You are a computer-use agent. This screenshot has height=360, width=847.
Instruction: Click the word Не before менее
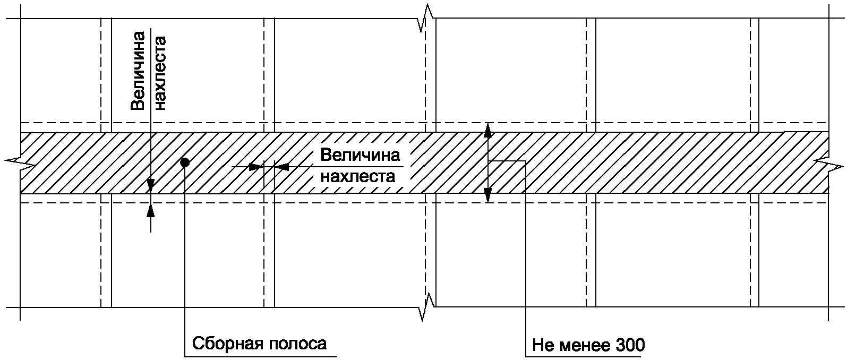tap(543, 345)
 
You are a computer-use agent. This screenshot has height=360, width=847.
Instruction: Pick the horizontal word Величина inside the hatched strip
tap(360, 156)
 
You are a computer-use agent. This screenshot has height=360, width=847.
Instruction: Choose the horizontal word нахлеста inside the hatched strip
tap(358, 176)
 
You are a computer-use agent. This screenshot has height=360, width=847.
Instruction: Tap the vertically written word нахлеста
tap(160, 72)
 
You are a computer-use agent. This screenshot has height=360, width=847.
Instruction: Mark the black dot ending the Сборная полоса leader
tap(184, 162)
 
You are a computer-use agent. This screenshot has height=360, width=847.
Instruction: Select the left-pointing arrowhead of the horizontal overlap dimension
tap(281, 167)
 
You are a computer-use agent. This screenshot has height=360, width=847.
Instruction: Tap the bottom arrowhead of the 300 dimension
tap(488, 196)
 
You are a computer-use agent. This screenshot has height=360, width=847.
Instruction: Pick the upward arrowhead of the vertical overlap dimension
tap(151, 210)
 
